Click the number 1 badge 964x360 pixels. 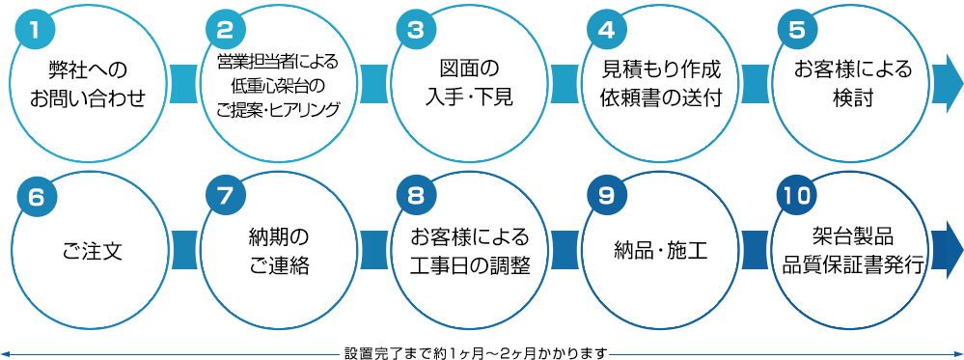tap(35, 29)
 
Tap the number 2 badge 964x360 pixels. tap(226, 29)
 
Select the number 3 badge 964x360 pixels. tap(416, 29)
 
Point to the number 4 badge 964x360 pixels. tap(606, 29)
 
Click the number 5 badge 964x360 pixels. tap(796, 29)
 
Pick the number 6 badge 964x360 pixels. tap(35, 197)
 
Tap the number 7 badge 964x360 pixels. tap(226, 197)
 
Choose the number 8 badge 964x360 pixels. tap(416, 197)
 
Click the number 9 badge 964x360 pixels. tap(606, 197)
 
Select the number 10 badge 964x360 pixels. tap(797, 197)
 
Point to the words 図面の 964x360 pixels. tap(469, 70)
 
